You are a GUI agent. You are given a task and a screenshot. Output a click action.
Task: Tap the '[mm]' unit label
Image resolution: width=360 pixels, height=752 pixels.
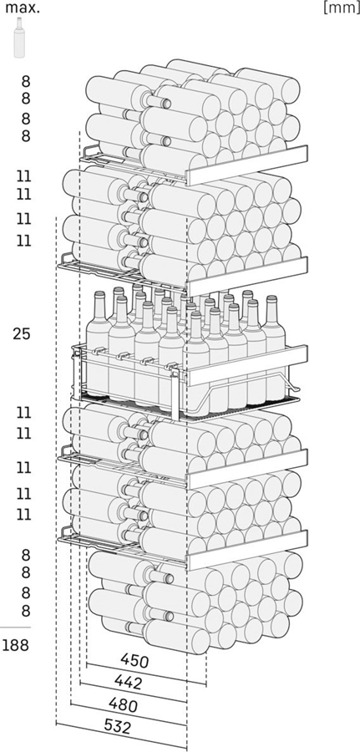point(341,8)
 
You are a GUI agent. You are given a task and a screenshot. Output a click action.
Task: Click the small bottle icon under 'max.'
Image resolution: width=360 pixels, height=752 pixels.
point(20,38)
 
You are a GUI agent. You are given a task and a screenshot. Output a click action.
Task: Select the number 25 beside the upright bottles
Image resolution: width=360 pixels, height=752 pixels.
point(22,334)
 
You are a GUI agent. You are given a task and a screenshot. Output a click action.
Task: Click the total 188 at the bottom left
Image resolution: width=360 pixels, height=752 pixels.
point(15,646)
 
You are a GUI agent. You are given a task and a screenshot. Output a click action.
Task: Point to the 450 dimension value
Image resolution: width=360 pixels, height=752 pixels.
point(134,662)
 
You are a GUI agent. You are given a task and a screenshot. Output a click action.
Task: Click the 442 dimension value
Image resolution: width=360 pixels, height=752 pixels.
point(128,682)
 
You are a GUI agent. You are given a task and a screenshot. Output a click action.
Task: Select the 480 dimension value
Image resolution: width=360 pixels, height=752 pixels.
point(123,704)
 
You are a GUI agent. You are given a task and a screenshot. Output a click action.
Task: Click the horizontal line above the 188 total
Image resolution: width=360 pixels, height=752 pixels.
point(15,628)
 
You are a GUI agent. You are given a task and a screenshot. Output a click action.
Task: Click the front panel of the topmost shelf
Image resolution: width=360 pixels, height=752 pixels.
point(247,165)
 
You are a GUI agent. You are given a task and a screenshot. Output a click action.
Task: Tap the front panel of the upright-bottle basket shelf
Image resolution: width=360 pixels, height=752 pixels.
point(247,365)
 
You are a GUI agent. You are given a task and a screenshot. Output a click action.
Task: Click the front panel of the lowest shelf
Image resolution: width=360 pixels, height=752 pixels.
point(247,550)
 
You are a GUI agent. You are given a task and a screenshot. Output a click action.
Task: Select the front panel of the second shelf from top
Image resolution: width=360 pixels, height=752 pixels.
point(247,277)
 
